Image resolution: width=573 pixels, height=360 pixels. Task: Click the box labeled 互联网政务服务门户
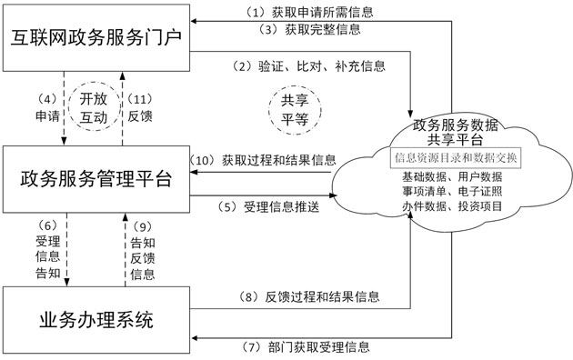95,39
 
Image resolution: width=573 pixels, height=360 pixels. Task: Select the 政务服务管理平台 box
95,178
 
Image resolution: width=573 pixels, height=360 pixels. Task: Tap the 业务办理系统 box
95,319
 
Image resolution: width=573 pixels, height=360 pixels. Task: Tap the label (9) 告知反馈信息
143,248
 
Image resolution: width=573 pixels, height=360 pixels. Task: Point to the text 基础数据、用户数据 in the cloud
453,176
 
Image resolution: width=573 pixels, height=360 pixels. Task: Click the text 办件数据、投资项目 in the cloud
453,205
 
